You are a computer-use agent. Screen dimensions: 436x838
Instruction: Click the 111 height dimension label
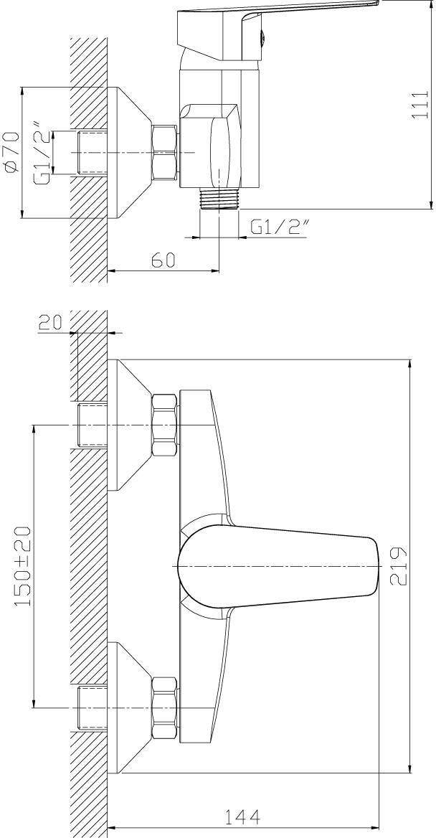422,104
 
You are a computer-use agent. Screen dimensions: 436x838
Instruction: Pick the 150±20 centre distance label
22,566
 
